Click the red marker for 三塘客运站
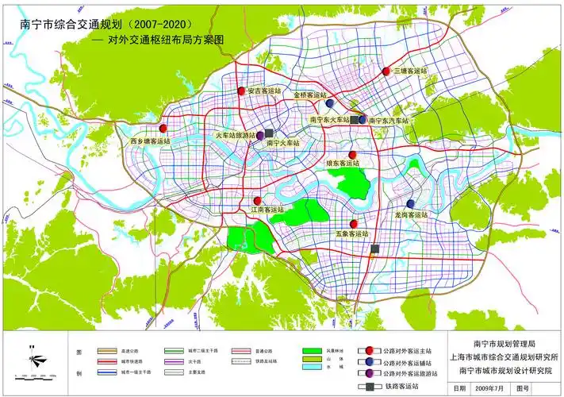pyautogui.click(x=386, y=71)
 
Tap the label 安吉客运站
pyautogui.click(x=265, y=91)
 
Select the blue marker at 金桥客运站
pyautogui.click(x=328, y=103)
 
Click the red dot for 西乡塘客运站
pyautogui.click(x=163, y=128)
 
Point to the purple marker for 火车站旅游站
pyautogui.click(x=259, y=136)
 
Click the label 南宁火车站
pyautogui.click(x=282, y=144)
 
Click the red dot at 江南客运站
pyautogui.click(x=258, y=201)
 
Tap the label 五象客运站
pyautogui.click(x=352, y=234)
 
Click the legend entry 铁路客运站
pyautogui.click(x=401, y=387)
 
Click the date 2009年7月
pyautogui.click(x=489, y=388)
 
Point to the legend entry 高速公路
pyautogui.click(x=132, y=349)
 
